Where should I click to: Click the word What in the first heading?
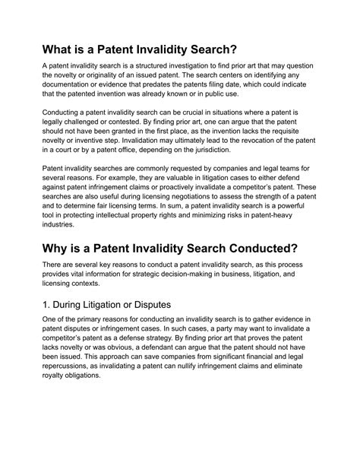(63, 52)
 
